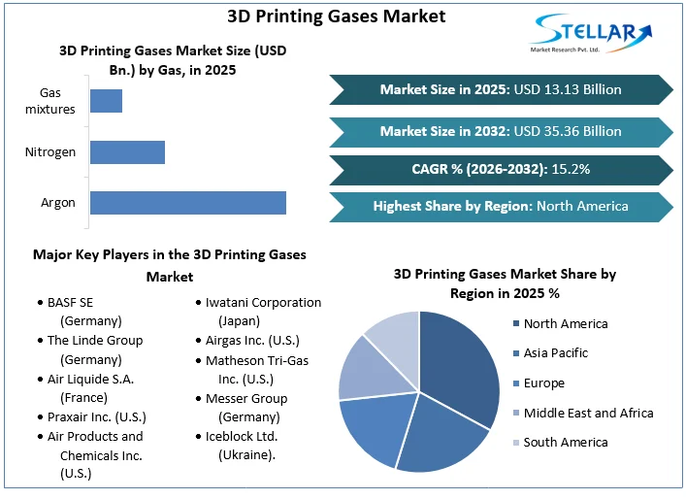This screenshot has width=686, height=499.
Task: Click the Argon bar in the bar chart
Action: click(x=187, y=202)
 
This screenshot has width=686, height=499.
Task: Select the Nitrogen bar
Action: click(x=127, y=152)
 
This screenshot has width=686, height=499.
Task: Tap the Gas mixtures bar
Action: click(x=106, y=101)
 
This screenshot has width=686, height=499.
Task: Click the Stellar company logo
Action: click(x=593, y=34)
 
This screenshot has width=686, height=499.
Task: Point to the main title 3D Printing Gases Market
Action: click(x=336, y=16)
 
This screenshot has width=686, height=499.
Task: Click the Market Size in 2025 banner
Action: click(x=501, y=89)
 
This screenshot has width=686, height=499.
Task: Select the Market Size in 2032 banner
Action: click(x=501, y=131)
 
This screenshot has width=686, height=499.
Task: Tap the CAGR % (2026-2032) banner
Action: click(x=501, y=169)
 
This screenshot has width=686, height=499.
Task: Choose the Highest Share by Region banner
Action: click(x=501, y=206)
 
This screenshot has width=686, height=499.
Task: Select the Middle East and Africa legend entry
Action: click(x=588, y=413)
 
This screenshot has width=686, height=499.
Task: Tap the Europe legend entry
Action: click(x=543, y=383)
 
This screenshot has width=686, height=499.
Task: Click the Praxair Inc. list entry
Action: click(x=94, y=416)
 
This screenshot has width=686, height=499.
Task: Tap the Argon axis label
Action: click(x=58, y=203)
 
